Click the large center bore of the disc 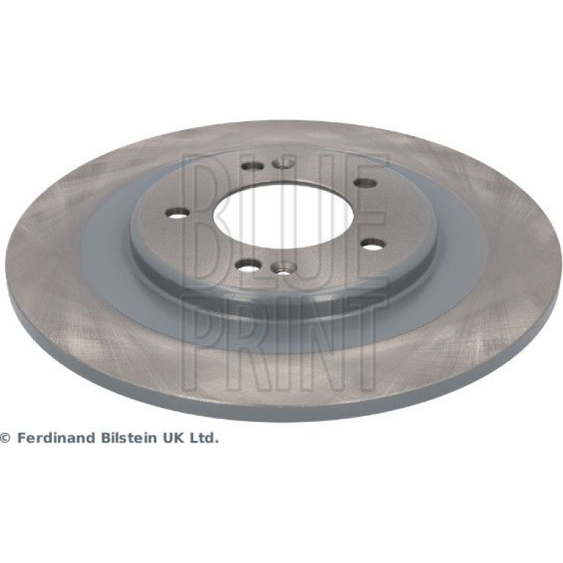(x=284, y=218)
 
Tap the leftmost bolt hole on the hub (x=177, y=213)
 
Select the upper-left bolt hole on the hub (x=252, y=166)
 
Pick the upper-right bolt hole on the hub (x=365, y=183)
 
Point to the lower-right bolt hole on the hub (x=373, y=244)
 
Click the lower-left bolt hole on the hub (x=248, y=265)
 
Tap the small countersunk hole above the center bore (x=283, y=163)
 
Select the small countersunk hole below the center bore (x=283, y=267)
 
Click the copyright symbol (x=5, y=438)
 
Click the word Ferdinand (x=57, y=438)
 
